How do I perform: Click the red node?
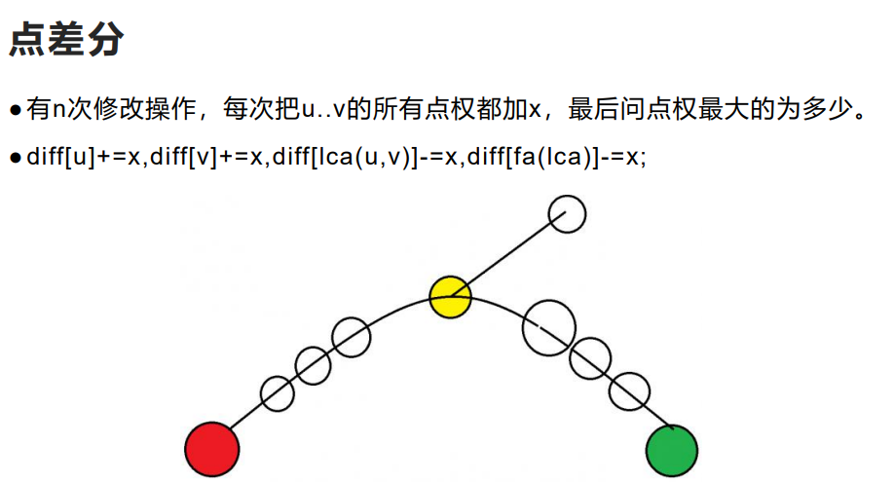[x=211, y=449]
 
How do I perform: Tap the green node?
[x=672, y=451]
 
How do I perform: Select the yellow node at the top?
[x=450, y=296]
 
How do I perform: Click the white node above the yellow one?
[x=567, y=214]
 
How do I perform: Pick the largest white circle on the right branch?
[x=549, y=327]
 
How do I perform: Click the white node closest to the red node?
[x=278, y=393]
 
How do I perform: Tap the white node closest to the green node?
[x=629, y=392]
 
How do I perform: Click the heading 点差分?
[x=67, y=40]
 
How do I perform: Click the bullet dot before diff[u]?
[x=16, y=158]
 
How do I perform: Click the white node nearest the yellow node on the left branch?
[x=351, y=337]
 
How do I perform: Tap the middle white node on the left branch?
[x=312, y=365]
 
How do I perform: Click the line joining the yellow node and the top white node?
[x=508, y=255]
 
